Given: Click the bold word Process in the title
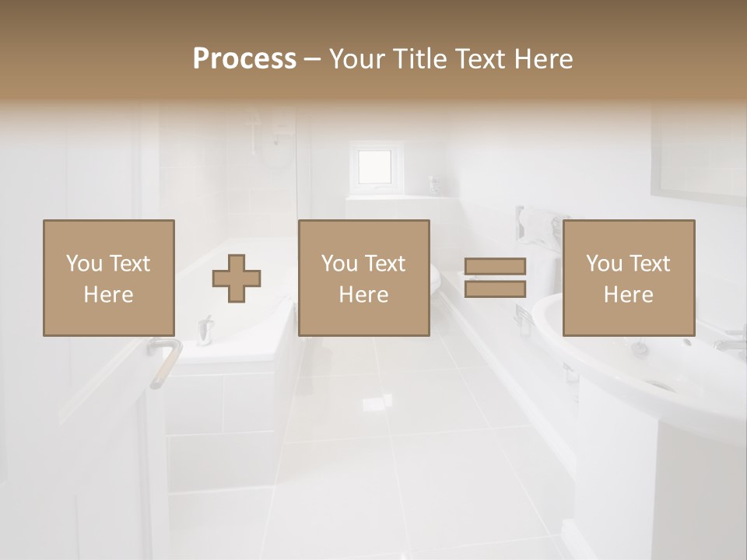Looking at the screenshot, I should click(244, 59).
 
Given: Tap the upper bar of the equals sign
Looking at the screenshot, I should click(495, 267).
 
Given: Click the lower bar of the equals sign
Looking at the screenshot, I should click(495, 289).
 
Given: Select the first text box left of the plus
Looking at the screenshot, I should click(108, 278).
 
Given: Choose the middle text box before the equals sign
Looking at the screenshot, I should click(363, 278).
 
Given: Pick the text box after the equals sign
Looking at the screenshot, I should click(628, 278).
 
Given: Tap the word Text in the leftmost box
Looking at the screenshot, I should click(130, 264).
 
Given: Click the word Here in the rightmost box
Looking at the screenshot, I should click(628, 295).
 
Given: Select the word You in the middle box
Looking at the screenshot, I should click(339, 264).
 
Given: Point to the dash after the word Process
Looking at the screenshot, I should click(312, 59).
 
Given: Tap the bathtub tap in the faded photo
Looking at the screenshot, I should click(205, 328).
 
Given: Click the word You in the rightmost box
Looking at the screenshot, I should click(604, 264).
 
